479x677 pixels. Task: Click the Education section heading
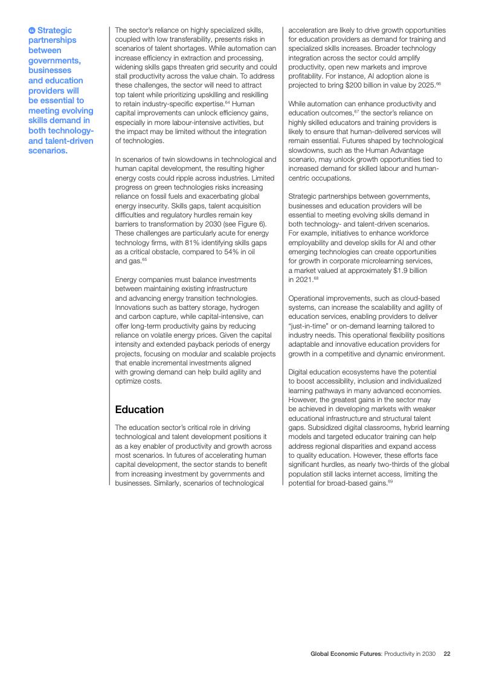point(140,409)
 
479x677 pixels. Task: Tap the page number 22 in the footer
point(447,653)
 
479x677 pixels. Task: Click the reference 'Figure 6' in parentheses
point(248,224)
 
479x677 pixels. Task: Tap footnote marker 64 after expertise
point(227,102)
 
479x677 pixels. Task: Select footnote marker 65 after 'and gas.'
point(144,260)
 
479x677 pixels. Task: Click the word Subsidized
point(327,427)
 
